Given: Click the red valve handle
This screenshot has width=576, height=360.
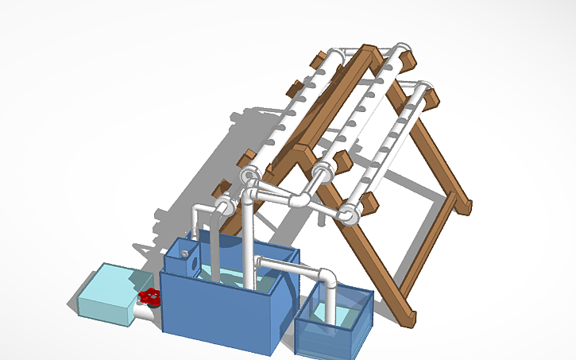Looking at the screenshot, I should pyautogui.click(x=149, y=298).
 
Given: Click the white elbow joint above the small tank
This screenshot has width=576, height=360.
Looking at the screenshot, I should pyautogui.click(x=327, y=277).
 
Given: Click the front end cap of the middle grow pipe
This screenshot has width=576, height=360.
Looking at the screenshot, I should pyautogui.click(x=322, y=172).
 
